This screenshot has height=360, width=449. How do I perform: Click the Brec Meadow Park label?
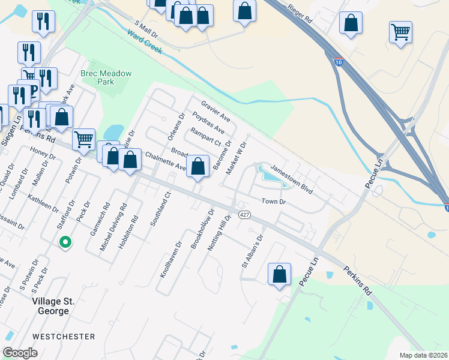[106, 77]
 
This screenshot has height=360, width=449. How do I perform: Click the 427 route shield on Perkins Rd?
[243, 214]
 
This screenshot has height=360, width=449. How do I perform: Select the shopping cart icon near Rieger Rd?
[400, 31]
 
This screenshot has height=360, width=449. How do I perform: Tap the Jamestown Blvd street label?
[292, 179]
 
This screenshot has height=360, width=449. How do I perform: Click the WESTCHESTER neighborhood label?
[64, 337]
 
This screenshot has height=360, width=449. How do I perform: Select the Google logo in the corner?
[20, 353]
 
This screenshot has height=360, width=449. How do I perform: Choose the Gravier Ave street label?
[216, 110]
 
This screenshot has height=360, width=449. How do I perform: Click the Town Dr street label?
[273, 202]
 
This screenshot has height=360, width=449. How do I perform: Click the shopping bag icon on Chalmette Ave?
[198, 166]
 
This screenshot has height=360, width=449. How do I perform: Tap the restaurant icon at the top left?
[43, 22]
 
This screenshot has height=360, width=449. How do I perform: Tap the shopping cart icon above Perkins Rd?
[84, 139]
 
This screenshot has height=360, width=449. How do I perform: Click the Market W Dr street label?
[236, 158]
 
